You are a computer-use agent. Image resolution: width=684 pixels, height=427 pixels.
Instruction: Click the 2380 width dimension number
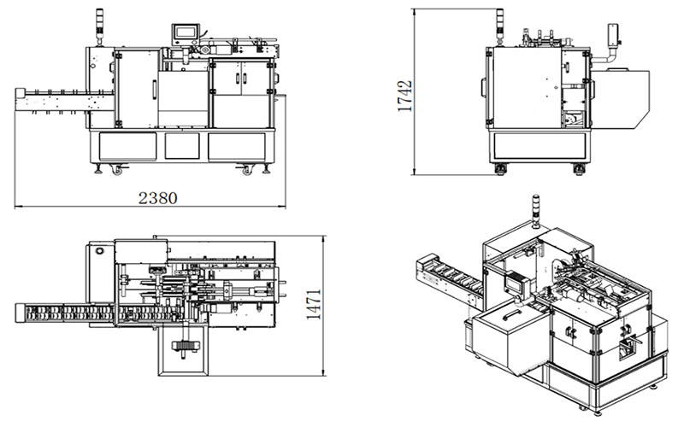[x=158, y=198]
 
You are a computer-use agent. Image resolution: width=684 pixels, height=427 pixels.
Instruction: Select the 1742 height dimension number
[x=404, y=96]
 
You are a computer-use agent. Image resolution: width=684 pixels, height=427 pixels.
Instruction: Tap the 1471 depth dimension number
[x=314, y=304]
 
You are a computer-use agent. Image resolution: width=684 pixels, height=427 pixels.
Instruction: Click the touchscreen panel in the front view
[x=186, y=32]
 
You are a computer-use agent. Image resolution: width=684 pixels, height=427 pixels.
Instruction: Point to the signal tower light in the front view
[x=100, y=26]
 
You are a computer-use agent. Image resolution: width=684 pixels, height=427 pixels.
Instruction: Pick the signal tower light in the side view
[x=500, y=26]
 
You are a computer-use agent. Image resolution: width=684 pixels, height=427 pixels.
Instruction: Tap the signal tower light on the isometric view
[x=536, y=210]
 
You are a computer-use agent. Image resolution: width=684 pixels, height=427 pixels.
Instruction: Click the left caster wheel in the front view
[x=117, y=169]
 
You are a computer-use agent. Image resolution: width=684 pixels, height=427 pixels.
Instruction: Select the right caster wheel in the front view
[x=247, y=169]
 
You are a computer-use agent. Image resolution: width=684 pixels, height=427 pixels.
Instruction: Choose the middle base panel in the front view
[x=182, y=146]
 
